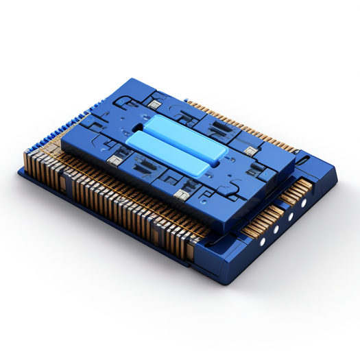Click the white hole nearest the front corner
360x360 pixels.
[x=263, y=241]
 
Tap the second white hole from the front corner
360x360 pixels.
[x=278, y=228]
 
